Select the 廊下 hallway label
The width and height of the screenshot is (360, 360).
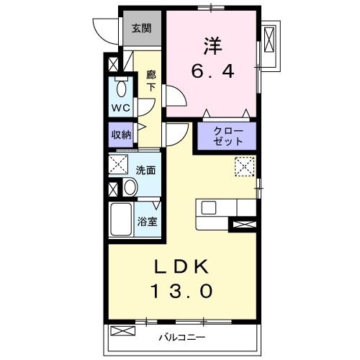pos(150,80)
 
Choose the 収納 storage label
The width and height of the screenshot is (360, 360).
pos(120,134)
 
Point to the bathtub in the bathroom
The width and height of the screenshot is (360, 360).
pos(121,222)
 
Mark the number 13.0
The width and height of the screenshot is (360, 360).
pos(181,291)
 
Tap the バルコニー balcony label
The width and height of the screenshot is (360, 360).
pos(183,336)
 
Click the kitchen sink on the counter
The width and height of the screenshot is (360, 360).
pos(209,207)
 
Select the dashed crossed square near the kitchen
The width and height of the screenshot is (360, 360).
pos(244,167)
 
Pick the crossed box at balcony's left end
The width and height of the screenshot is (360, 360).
pos(123,332)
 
